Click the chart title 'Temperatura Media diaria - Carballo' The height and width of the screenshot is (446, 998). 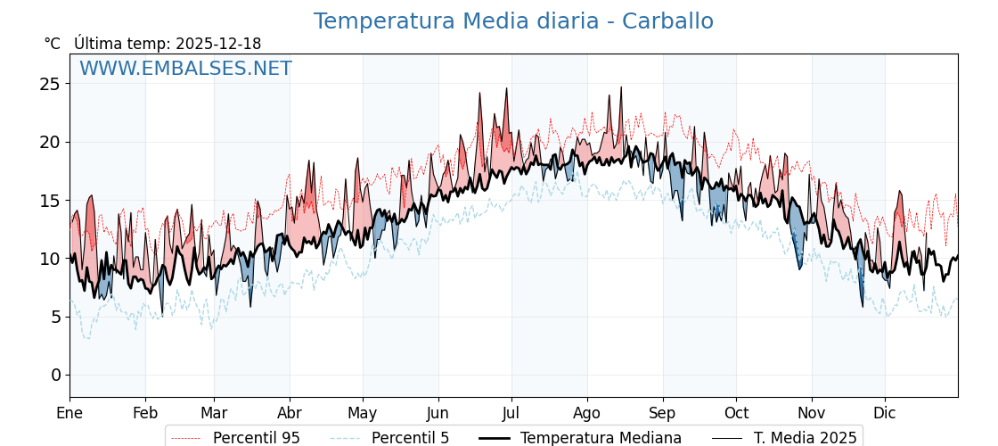tap(513, 21)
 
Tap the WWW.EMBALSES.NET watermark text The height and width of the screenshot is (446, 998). tap(185, 69)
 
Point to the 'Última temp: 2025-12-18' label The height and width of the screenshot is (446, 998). tap(168, 44)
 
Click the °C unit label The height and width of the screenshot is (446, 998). tap(53, 44)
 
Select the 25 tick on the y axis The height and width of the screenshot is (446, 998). tap(50, 84)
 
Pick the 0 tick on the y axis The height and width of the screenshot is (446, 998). tap(55, 375)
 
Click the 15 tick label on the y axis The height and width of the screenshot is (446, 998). tap(50, 201)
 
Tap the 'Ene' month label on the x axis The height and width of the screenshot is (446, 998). tap(70, 413)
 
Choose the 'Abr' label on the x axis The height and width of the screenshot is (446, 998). tap(290, 413)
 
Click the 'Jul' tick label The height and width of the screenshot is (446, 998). tap(511, 413)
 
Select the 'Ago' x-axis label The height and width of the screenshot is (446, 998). tap(587, 413)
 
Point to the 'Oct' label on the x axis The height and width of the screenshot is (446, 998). tap(736, 413)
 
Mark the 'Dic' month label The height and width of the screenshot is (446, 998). tap(885, 413)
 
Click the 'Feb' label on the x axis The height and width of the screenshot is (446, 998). tap(145, 413)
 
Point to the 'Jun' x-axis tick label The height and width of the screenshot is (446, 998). tap(438, 413)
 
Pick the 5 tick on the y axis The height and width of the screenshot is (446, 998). tap(55, 317)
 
